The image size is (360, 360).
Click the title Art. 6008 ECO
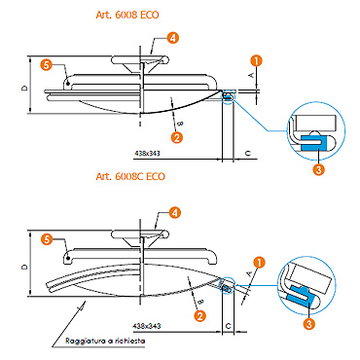pos(127,15)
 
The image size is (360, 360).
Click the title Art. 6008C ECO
pos(130,176)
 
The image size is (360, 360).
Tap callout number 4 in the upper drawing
pos(173,38)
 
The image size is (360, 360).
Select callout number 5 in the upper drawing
pos(47,65)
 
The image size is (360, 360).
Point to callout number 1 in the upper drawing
pos(257,60)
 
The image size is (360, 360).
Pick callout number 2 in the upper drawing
pos(177,137)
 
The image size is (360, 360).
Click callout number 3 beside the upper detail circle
pos(319,169)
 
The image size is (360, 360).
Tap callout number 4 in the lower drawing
pos(175,213)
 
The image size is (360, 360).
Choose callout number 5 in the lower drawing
pos(48,239)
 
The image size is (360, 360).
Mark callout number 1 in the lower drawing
pos(259,263)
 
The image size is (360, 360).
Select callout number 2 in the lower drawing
pos(200,315)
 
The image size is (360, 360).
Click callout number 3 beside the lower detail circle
pos(309,323)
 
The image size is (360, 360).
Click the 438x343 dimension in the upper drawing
pos(147,153)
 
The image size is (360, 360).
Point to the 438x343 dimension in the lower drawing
pos(147,326)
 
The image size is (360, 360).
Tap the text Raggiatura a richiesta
pos(105,341)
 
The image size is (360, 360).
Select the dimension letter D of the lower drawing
pos(24,268)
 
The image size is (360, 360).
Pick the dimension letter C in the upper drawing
pos(248,153)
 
